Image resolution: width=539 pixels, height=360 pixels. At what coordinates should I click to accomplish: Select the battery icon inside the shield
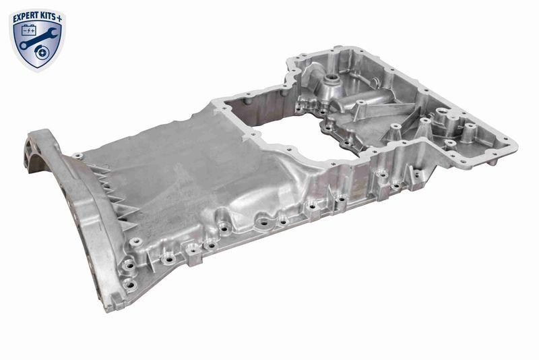click(30, 30)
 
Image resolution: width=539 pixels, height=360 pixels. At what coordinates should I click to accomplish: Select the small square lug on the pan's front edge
click(193, 250)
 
